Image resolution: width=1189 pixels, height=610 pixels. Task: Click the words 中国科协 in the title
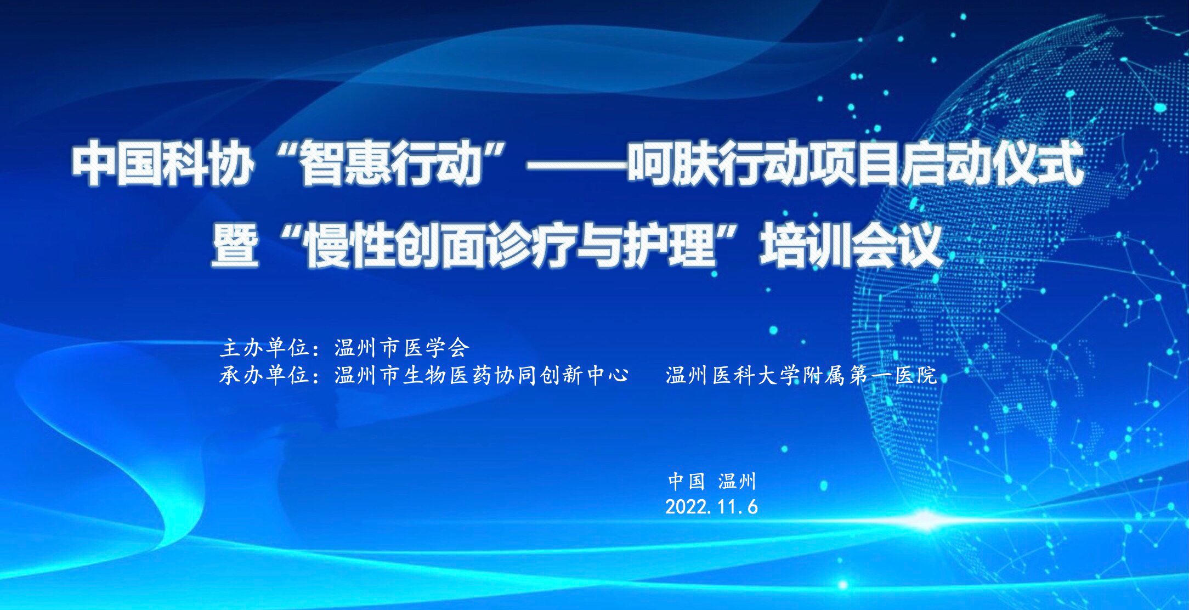pos(161,164)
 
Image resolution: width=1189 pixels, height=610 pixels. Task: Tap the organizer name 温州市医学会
pos(402,348)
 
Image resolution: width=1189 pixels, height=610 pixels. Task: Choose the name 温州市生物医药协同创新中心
pos(481,376)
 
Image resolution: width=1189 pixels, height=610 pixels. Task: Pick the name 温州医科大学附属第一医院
pos(801,376)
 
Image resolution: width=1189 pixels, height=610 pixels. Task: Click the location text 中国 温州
pos(712,481)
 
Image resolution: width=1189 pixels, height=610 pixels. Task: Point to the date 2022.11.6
pos(711,507)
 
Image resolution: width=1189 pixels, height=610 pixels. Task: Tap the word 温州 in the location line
pos(737,481)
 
